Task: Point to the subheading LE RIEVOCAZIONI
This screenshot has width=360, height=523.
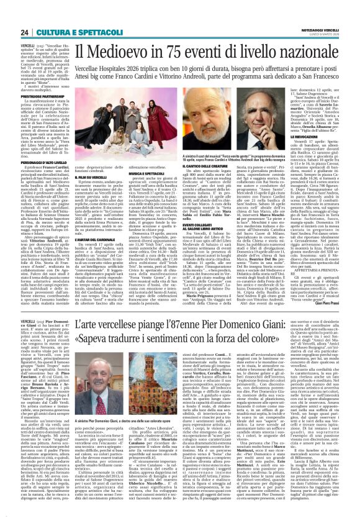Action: (314, 123)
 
